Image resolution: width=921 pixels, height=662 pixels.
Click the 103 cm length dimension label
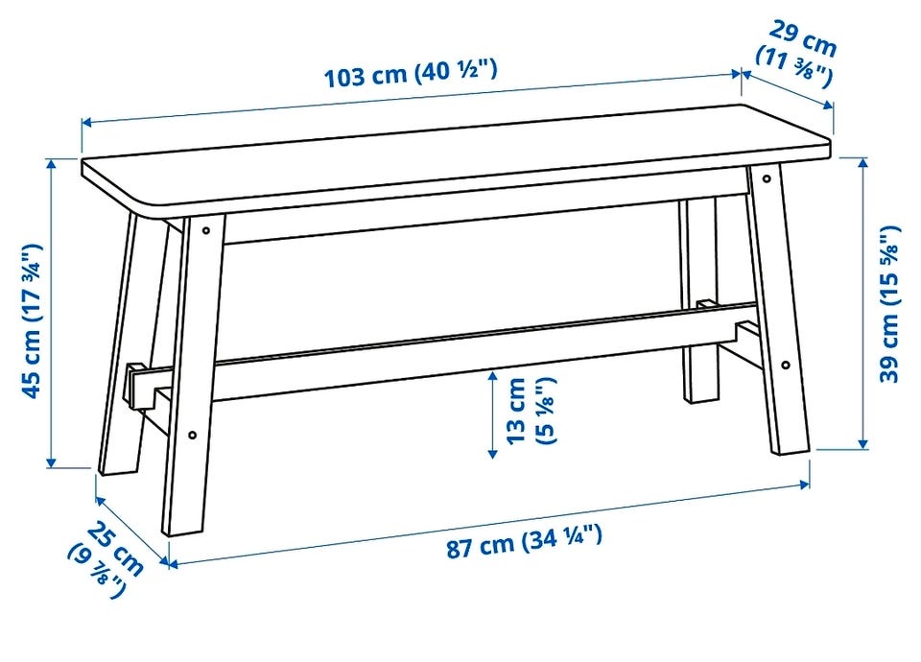(x=412, y=74)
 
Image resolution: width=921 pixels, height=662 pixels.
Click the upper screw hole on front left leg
(x=206, y=231)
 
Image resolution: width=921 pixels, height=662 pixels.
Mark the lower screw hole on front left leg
(x=193, y=436)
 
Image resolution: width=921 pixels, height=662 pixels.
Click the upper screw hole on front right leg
(x=767, y=178)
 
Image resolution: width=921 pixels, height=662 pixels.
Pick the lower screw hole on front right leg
(x=786, y=365)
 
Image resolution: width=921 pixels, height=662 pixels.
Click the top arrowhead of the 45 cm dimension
(x=52, y=164)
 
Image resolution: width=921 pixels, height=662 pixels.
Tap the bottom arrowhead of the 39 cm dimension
(x=862, y=443)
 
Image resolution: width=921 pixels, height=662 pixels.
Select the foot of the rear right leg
(x=701, y=396)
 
